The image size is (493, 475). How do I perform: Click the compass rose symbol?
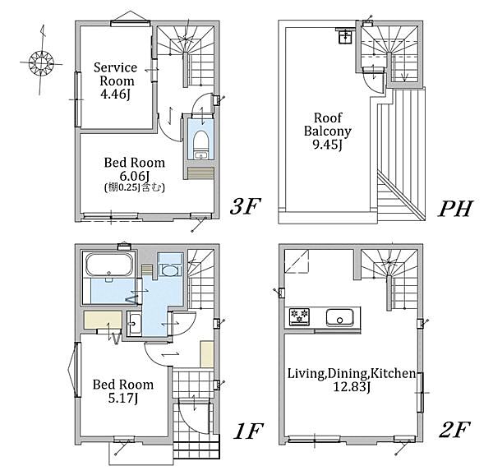(x=42, y=62)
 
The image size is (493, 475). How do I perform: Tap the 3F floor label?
(x=245, y=206)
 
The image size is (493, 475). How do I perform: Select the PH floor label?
(x=455, y=208)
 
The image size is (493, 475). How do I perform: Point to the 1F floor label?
(x=247, y=431)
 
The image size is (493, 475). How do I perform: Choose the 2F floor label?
(x=454, y=430)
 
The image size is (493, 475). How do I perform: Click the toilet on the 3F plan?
(x=199, y=144)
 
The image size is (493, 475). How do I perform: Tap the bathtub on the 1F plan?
(x=108, y=265)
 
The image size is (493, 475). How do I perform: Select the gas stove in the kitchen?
(x=299, y=317)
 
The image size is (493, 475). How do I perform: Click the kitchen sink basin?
(x=339, y=318)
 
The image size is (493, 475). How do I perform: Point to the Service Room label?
(x=115, y=74)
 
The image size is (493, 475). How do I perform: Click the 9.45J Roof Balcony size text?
(x=327, y=145)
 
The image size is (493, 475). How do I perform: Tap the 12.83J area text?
(x=351, y=387)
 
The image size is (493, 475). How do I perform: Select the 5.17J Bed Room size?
(x=123, y=399)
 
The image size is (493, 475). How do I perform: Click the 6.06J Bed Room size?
(x=134, y=176)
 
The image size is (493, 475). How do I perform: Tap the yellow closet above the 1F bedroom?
(x=103, y=320)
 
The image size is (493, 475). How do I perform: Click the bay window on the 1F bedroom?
(x=74, y=370)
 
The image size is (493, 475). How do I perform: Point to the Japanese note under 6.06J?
(x=134, y=187)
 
